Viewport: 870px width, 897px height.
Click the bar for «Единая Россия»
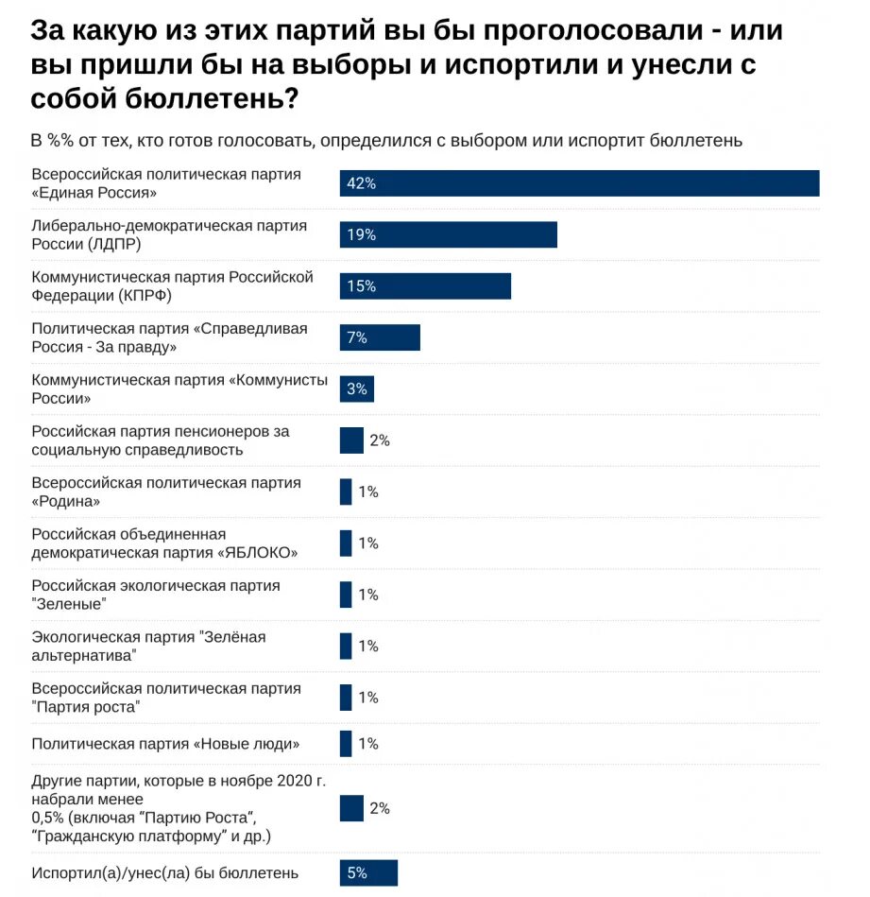point(579,183)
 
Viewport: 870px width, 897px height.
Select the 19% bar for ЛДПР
point(448,234)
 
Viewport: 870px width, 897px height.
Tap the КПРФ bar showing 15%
point(425,286)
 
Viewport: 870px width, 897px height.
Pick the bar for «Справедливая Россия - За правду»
point(380,337)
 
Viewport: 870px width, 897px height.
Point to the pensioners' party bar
point(351,440)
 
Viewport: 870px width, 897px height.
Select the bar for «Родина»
point(346,492)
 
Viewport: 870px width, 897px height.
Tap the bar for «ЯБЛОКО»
point(346,543)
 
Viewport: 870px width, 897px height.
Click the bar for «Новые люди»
point(346,744)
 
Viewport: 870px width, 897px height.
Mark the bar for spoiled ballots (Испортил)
point(368,873)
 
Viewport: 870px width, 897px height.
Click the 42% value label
point(361,183)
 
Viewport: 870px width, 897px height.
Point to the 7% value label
point(357,337)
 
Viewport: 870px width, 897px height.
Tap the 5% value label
point(357,873)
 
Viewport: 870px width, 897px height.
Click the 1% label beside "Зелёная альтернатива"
point(368,647)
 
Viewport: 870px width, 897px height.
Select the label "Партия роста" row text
point(166,698)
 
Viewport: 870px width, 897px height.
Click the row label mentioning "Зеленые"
point(156,595)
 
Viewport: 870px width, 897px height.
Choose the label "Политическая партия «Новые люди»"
point(166,744)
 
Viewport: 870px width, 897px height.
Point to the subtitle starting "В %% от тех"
point(387,141)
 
